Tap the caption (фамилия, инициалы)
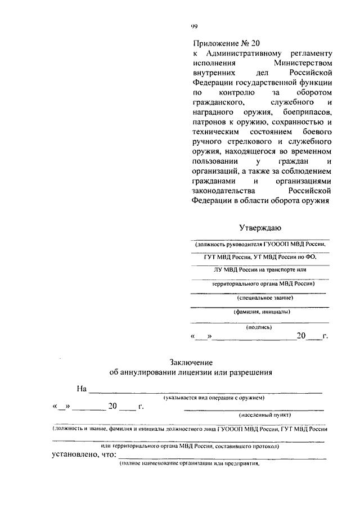262,312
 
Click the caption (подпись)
259,326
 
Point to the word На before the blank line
82,388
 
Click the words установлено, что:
80,455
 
